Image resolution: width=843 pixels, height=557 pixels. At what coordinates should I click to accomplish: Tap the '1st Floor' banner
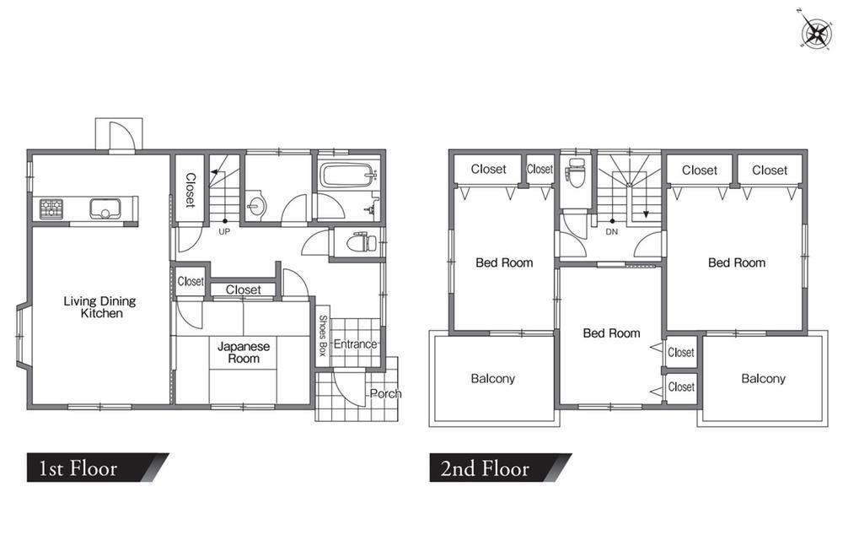click(x=98, y=468)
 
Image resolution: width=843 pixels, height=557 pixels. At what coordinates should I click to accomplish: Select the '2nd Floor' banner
click(x=500, y=468)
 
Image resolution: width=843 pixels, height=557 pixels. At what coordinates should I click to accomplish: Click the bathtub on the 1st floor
click(x=347, y=176)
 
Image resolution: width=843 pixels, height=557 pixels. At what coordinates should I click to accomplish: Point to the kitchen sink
click(x=105, y=208)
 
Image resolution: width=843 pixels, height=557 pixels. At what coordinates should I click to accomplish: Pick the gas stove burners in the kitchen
click(x=51, y=208)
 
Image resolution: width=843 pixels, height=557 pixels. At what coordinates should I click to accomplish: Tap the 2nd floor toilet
click(x=575, y=172)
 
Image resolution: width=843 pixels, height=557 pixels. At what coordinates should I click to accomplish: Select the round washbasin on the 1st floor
click(x=256, y=206)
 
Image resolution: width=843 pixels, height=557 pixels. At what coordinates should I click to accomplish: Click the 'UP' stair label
click(x=224, y=231)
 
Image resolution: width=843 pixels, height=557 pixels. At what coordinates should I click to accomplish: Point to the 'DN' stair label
click(x=612, y=232)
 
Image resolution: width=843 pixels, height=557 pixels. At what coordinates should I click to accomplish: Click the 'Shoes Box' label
click(x=323, y=336)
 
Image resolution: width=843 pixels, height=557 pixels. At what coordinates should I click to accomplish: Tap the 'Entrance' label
click(x=356, y=343)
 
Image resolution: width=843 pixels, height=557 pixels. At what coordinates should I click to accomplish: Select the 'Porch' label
click(x=385, y=393)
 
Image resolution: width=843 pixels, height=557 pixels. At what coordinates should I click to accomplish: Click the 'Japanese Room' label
click(x=244, y=353)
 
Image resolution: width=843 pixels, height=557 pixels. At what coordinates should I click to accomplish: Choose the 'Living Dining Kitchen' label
click(x=100, y=306)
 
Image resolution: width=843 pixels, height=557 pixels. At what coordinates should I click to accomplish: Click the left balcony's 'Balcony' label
click(x=493, y=378)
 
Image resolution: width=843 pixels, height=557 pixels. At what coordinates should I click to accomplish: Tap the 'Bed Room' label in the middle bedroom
click(x=612, y=333)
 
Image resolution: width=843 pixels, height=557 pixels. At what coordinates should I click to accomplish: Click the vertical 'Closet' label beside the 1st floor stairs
click(x=191, y=190)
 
